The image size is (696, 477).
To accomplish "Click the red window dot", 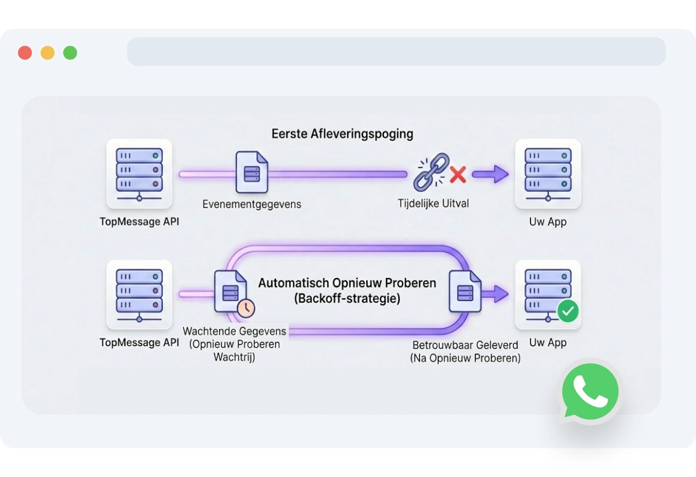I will (25, 53).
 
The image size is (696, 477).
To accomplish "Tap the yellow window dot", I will (47, 53).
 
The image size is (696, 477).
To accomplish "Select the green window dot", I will (70, 53).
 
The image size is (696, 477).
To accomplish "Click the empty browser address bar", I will (396, 52).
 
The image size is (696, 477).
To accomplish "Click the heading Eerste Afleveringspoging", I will (342, 134).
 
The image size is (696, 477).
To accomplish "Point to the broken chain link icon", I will (431, 172).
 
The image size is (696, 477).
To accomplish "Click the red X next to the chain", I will (458, 175).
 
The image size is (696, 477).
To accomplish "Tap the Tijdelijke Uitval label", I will (433, 203).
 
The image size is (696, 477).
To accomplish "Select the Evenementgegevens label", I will (252, 204).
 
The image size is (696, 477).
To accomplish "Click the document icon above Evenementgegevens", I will (252, 173).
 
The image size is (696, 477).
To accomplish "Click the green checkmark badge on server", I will (568, 311).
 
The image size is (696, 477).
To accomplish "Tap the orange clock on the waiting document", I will (245, 308).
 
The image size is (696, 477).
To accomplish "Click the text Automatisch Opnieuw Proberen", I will (347, 283).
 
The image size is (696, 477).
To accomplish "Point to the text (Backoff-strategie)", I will (347, 298).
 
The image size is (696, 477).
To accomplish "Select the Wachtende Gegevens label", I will (235, 331).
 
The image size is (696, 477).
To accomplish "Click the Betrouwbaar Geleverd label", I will (465, 345).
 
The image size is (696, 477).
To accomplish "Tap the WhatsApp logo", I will (590, 392).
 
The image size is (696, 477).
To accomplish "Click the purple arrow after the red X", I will (490, 174).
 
